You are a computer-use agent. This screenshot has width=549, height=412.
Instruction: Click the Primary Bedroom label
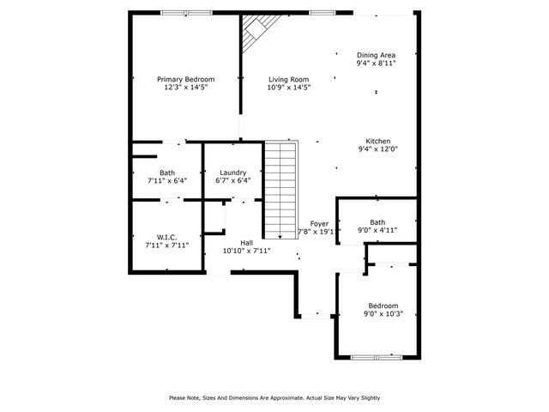coord(185,79)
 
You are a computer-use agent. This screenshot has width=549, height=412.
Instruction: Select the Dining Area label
coord(376,53)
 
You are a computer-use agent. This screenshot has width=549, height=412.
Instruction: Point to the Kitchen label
coord(378,141)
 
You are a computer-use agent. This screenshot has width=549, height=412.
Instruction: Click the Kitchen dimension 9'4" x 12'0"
coord(378,149)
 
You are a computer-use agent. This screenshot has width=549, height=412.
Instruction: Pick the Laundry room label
coord(232,172)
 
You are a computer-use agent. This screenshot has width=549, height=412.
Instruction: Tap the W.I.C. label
coord(166,236)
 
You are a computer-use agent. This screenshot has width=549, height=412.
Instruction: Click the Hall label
coord(246,242)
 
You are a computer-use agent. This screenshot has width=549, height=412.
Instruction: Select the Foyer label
coord(319,223)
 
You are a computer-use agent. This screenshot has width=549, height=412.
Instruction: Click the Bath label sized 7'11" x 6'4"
coord(166,173)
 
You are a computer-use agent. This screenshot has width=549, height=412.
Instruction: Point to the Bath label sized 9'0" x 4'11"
coord(377,222)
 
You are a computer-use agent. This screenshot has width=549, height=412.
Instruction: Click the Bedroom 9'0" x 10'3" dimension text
coord(383,314)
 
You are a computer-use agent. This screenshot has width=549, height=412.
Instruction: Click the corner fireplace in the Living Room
coord(254,34)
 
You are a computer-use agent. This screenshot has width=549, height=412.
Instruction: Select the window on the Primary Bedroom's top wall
coord(175,12)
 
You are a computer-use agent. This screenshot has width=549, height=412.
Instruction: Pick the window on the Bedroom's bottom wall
coord(377,356)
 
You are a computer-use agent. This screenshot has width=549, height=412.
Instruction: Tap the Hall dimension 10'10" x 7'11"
coord(246,251)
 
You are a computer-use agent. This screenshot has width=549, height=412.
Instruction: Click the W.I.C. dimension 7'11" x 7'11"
coord(166,245)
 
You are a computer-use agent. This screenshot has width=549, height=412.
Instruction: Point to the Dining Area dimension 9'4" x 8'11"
coord(376,63)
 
